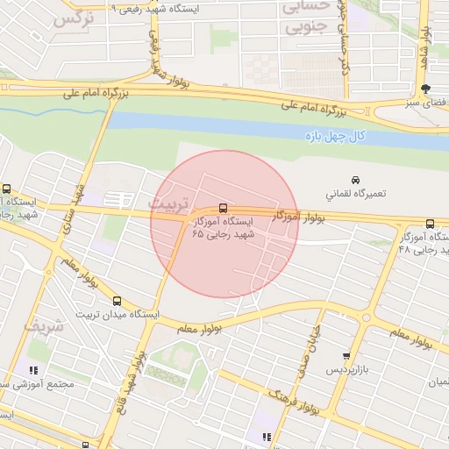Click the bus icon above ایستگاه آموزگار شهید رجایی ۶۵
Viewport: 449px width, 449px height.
(223, 209)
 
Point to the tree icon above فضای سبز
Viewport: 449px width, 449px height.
(426, 89)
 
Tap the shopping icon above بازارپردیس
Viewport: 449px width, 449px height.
(346, 357)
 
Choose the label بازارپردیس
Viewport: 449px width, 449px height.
(345, 371)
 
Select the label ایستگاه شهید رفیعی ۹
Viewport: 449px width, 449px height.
(170, 7)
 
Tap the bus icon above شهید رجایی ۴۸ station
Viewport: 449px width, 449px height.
(429, 224)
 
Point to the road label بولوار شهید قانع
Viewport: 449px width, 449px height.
(131, 382)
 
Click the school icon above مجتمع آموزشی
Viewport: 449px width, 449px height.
(33, 370)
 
